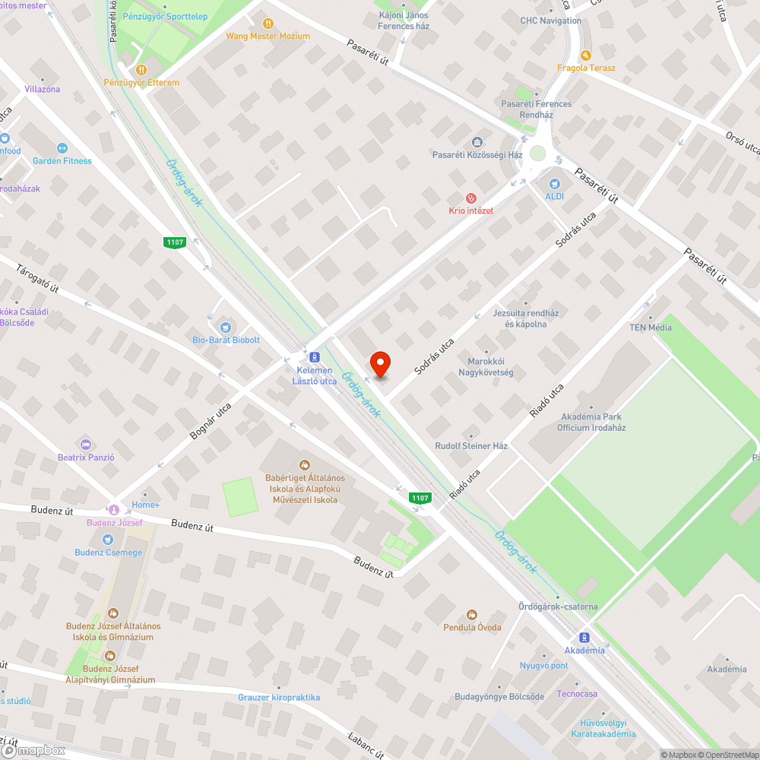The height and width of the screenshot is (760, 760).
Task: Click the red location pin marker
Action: click(379, 364)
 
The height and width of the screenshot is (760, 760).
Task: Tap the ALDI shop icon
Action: click(554, 184)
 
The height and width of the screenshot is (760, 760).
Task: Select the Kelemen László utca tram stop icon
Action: click(313, 357)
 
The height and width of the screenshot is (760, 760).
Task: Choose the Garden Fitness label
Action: click(62, 161)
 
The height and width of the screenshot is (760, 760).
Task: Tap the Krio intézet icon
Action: click(470, 198)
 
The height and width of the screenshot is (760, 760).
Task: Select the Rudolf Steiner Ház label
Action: click(471, 446)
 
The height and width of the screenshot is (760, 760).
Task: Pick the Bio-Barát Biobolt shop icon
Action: click(222, 327)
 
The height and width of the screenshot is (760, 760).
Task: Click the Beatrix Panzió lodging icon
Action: click(85, 444)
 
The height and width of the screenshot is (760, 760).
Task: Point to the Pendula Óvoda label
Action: click(472, 627)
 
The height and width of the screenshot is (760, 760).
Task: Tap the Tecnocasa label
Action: click(577, 694)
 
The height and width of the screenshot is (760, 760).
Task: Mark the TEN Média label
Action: click(650, 328)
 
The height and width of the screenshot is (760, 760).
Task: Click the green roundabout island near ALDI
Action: click(538, 154)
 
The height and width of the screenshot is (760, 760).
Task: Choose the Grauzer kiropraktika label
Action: click(279, 697)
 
